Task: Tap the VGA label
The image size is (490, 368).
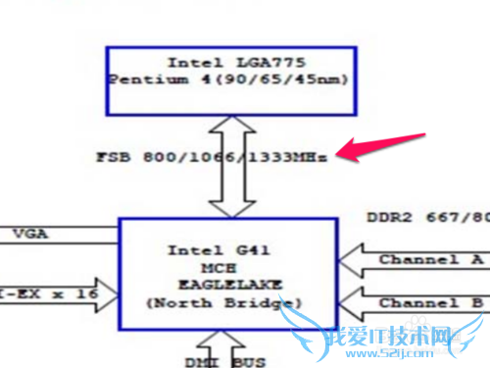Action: coord(28,234)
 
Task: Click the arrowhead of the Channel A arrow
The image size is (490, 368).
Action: coord(351,260)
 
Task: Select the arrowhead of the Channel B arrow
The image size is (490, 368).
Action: coord(351,303)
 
